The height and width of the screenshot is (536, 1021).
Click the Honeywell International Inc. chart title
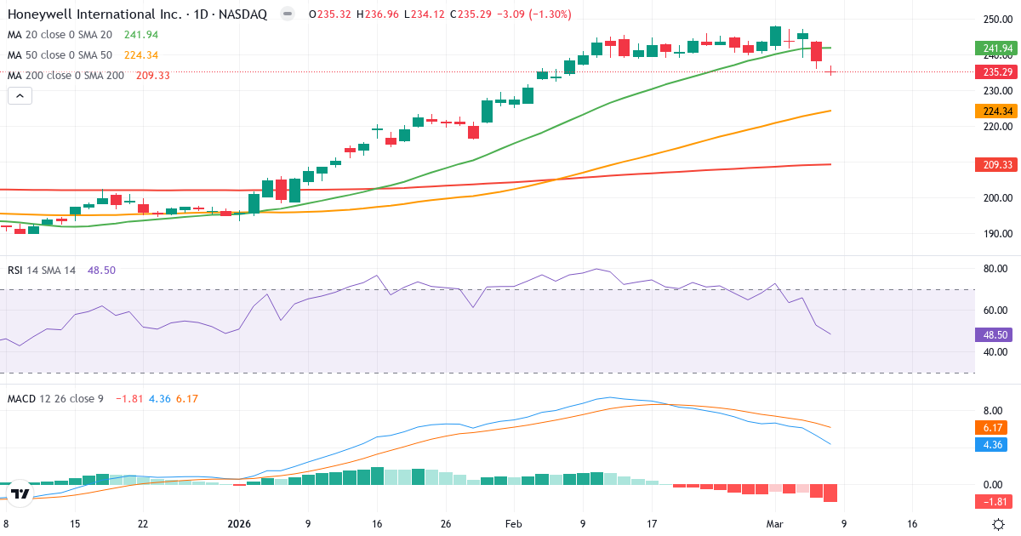136,14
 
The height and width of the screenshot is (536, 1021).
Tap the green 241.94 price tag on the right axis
995,48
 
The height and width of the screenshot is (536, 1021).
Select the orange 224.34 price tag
995,111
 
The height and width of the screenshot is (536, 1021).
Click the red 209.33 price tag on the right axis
995,165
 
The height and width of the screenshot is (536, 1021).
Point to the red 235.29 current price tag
995,72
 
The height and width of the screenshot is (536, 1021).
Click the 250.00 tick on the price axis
995,20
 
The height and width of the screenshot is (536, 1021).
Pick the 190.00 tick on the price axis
995,234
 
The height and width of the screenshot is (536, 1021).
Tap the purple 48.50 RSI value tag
995,335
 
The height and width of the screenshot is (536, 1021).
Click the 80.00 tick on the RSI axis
995,269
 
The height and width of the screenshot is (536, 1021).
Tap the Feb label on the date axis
513,524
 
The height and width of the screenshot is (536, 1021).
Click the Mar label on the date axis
774,524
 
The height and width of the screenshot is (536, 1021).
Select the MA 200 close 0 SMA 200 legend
66,75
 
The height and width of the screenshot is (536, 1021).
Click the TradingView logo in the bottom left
20,493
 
